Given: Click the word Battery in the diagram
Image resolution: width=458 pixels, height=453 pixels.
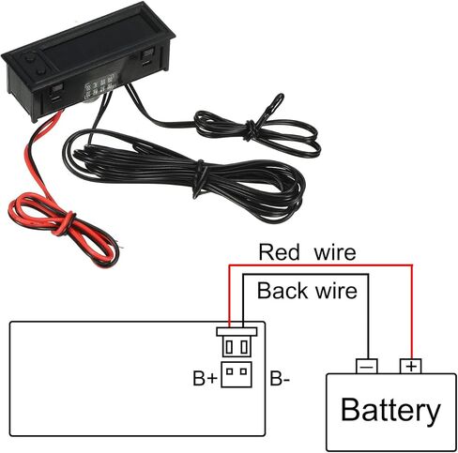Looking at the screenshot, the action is click(390, 411).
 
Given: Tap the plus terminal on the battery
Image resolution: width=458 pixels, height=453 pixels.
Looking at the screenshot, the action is click(411, 366).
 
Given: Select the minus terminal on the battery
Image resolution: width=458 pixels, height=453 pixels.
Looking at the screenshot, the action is click(367, 366).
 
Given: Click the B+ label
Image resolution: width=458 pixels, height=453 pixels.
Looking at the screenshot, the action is click(205, 378).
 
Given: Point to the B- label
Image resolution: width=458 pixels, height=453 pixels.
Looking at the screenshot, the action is click(280, 378).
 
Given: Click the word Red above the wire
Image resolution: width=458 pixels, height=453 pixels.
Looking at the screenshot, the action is click(279, 252).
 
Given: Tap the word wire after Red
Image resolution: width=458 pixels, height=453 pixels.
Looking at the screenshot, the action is click(335, 252).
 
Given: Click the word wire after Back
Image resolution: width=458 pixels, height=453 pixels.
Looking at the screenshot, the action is click(336, 291).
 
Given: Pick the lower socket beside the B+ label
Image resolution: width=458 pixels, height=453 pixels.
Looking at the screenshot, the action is click(237, 374).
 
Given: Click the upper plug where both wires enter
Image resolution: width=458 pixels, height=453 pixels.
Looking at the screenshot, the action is click(237, 341).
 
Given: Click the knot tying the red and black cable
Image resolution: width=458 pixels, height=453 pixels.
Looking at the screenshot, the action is click(67, 223).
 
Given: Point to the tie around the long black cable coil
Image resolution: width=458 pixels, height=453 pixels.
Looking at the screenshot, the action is click(200, 178).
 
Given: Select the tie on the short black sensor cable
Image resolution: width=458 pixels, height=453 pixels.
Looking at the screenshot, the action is click(252, 129).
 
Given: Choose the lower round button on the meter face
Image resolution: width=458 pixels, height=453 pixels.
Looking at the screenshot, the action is click(41, 72).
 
